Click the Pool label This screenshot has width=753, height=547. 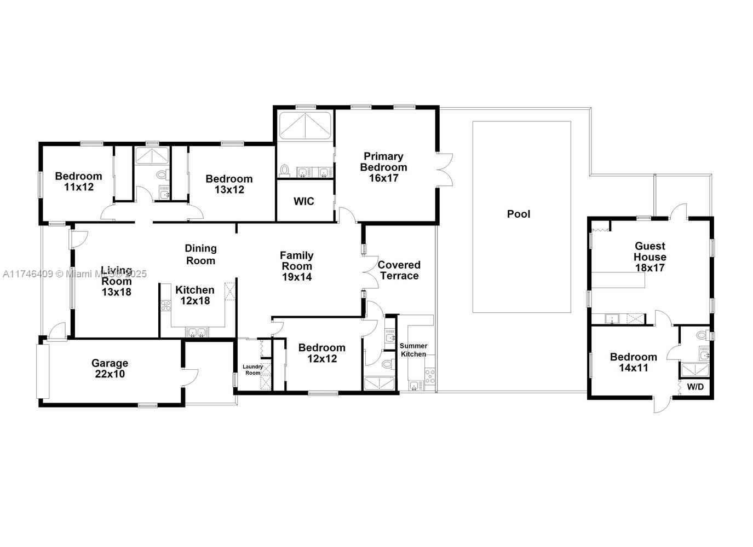(518, 214)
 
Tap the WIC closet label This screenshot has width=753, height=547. (303, 201)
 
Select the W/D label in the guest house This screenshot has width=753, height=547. (695, 387)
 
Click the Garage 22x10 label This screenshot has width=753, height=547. (110, 369)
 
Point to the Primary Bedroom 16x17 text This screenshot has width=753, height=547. (383, 167)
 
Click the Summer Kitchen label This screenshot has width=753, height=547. (413, 350)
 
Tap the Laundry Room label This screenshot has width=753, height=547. (252, 370)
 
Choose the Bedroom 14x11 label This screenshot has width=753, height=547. (633, 363)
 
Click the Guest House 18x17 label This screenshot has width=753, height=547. (650, 257)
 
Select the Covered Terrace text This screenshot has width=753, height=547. (399, 270)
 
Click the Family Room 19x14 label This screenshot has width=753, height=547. (297, 266)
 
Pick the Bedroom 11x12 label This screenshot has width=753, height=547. (78, 182)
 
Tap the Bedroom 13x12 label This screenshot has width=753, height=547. (229, 184)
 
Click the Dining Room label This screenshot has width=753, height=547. (200, 254)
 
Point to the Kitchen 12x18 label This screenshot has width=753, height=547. (195, 295)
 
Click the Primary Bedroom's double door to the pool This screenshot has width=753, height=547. (445, 170)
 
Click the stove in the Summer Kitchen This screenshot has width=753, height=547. (430, 375)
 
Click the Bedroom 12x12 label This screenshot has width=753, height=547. (321, 353)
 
